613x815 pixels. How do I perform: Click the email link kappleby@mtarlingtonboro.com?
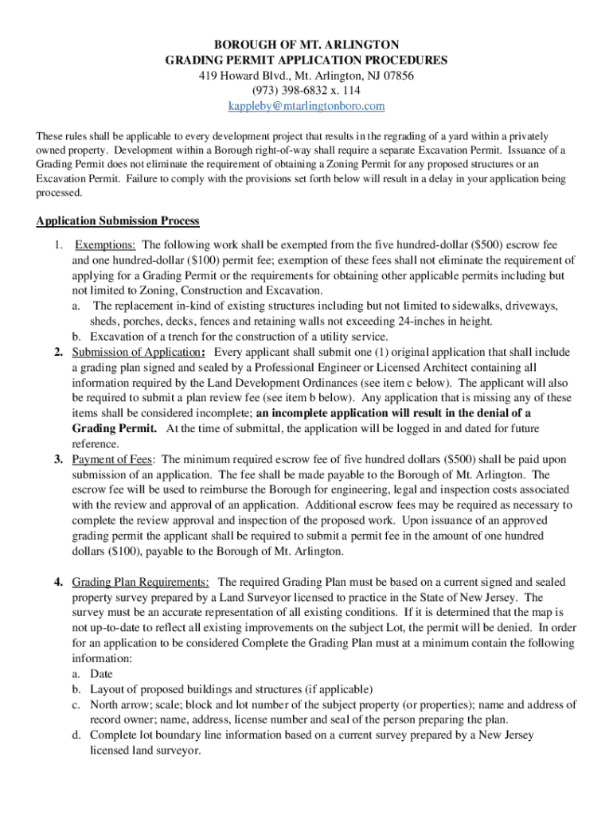306,106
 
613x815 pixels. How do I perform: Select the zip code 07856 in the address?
396,76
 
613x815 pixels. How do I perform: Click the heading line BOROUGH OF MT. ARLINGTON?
306,44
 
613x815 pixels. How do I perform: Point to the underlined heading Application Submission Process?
118,220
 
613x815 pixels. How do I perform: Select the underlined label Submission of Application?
135,352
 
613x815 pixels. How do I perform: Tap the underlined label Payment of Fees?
114,459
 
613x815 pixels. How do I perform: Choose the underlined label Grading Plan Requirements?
141,582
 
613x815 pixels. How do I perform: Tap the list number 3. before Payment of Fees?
59,459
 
